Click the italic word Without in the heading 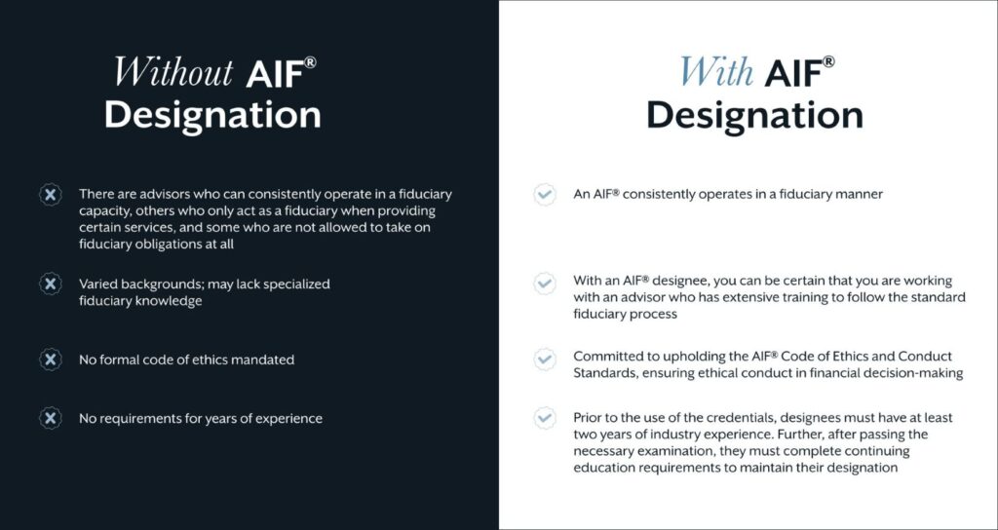173,71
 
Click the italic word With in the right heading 717,71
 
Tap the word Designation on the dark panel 212,116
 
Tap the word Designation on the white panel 755,116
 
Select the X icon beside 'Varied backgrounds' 51,284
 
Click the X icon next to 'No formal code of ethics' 51,360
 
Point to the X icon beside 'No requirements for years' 51,418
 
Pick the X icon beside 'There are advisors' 51,194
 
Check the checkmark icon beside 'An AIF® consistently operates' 544,194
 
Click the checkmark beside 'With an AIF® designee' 544,284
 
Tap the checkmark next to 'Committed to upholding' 544,360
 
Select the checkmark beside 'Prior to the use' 544,418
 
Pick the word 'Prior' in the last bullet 587,418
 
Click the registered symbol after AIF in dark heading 309,62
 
